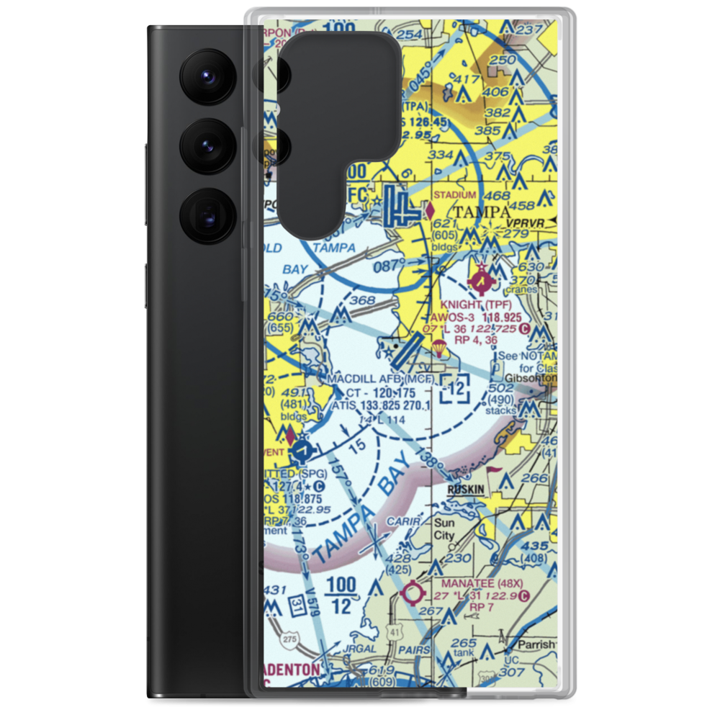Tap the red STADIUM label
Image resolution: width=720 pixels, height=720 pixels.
(454, 194)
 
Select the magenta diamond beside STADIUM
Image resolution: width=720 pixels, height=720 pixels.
(430, 210)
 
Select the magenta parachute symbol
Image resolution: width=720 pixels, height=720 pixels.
(438, 351)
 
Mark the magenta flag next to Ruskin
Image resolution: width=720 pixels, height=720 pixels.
(495, 472)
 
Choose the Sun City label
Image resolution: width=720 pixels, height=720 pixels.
(444, 530)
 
